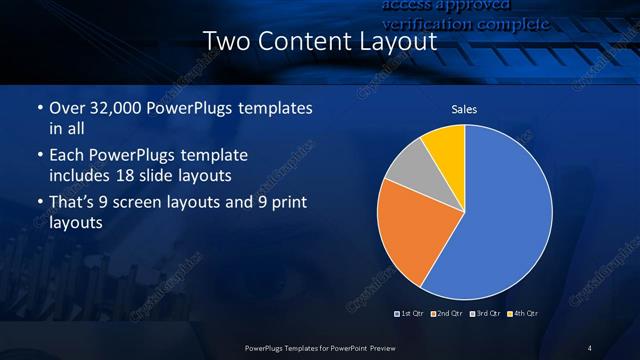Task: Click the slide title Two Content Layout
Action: [x=319, y=42]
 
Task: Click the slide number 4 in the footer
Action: [x=590, y=347]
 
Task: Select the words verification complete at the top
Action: [x=466, y=23]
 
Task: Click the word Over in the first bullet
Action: [x=66, y=108]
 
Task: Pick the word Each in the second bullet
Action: [x=66, y=156]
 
